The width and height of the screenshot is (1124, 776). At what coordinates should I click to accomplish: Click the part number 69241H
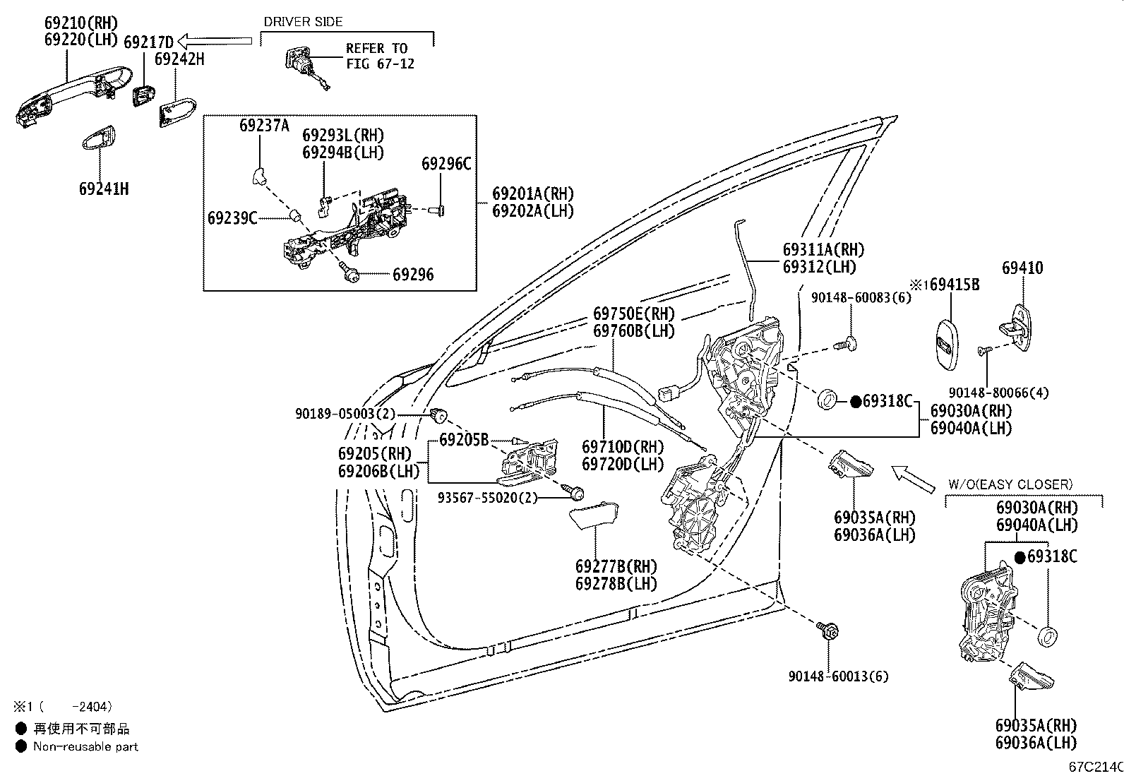[x=104, y=189]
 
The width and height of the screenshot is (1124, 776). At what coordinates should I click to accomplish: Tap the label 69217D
[x=148, y=42]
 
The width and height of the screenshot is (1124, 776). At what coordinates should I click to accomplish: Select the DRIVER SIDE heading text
[x=303, y=22]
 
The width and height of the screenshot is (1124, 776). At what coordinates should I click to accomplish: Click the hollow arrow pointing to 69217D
[x=215, y=41]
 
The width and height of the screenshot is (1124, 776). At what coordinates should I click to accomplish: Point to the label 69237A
[x=265, y=125]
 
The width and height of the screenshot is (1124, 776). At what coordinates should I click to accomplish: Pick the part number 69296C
[x=446, y=164]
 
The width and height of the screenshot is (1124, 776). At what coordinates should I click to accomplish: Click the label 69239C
[x=232, y=218]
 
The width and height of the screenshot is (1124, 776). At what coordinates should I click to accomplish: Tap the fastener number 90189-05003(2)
[x=345, y=414]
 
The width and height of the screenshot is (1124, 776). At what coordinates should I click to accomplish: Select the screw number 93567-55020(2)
[x=487, y=497]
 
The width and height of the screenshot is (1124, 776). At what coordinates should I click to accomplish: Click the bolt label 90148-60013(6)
[x=839, y=676]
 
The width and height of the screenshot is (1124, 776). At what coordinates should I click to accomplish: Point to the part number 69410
[x=1022, y=268]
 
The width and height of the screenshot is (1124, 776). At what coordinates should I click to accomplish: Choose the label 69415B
[x=954, y=285]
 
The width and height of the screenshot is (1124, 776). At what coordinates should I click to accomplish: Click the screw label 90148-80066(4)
[x=998, y=393]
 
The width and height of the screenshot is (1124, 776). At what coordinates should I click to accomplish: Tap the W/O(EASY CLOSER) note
[x=1010, y=484]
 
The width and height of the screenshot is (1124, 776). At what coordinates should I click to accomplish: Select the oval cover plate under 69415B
[x=947, y=345]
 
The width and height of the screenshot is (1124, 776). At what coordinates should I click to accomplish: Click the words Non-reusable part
[x=85, y=746]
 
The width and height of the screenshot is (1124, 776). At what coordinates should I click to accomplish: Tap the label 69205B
[x=464, y=440]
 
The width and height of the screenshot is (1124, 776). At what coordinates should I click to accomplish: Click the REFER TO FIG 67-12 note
[x=380, y=56]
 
